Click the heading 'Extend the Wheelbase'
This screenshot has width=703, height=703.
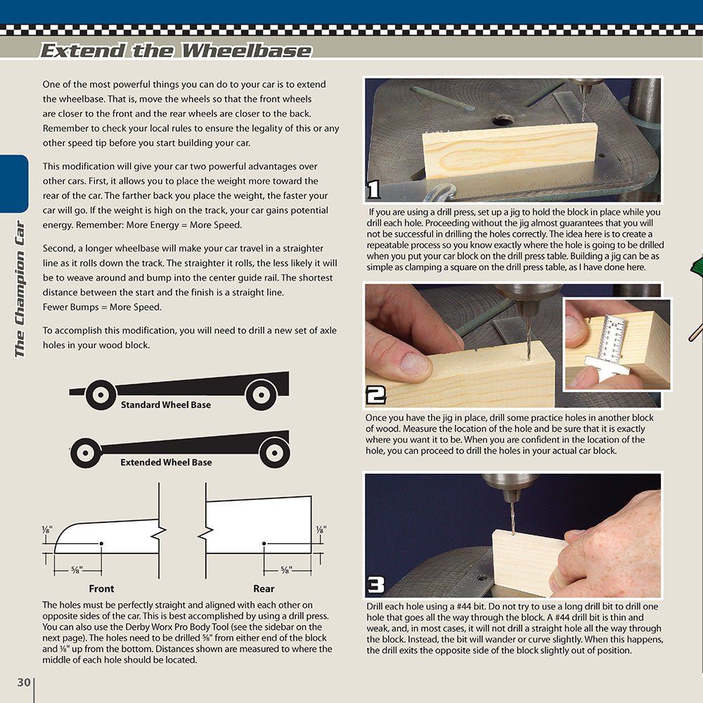tap(176, 51)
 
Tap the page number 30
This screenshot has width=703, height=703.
tap(23, 682)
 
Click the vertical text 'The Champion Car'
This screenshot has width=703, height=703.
tap(19, 289)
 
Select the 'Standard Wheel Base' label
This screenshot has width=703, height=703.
tap(165, 405)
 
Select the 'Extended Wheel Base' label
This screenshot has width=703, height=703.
tap(166, 463)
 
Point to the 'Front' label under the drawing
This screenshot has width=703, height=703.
tap(101, 588)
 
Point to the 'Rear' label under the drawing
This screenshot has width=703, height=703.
tap(264, 588)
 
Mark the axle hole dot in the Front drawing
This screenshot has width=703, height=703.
tap(102, 543)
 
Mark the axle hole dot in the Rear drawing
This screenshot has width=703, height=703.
tap(264, 543)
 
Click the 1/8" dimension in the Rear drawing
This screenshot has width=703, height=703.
tap(321, 529)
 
